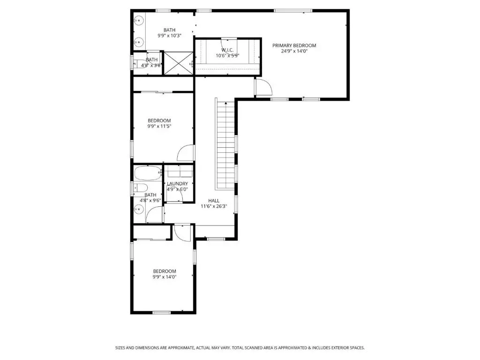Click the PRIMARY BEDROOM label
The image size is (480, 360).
294,45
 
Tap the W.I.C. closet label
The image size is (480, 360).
227,50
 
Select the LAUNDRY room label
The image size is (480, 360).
177,184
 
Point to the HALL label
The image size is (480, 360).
214,201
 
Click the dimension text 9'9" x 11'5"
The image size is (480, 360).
159,126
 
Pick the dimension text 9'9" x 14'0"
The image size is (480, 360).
165,277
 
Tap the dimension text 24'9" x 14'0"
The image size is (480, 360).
294,51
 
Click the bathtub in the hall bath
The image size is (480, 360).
148,173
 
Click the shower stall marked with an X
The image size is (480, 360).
179,63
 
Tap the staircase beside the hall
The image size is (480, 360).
225,146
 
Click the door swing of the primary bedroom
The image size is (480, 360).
263,87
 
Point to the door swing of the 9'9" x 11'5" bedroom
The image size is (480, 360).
186,153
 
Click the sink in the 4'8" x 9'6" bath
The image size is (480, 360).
139,210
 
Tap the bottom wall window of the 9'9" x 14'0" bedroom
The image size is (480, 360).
161,313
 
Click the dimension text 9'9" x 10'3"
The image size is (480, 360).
170,36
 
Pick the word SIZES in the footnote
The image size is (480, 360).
120,348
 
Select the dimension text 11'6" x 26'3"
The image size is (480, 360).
214,206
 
